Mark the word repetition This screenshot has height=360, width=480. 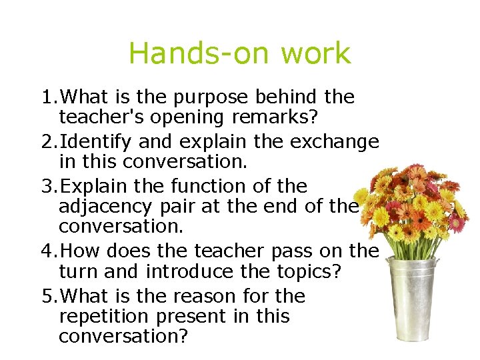coord(104,315)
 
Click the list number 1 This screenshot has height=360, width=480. coord(46,98)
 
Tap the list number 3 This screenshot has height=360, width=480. coord(46,186)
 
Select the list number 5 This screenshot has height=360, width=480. coord(46,296)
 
